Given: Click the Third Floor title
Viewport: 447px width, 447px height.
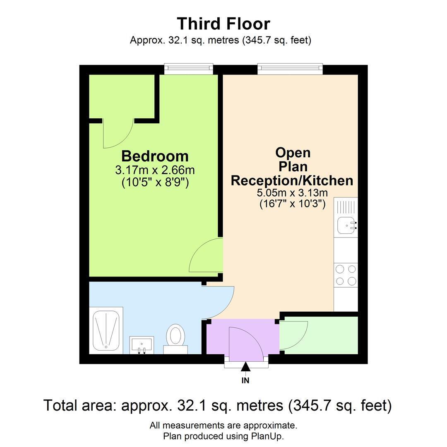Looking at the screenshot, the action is point(223,24).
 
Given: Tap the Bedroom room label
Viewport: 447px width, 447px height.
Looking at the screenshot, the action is point(155,156).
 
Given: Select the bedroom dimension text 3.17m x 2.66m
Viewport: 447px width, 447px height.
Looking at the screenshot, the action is point(155,170).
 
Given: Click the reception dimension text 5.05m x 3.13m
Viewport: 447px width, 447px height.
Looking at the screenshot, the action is point(292,193).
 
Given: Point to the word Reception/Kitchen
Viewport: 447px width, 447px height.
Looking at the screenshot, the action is point(292,180).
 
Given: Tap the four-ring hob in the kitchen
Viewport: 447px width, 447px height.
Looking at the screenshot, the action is point(346,275).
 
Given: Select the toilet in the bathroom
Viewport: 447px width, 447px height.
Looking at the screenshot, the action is point(175,339).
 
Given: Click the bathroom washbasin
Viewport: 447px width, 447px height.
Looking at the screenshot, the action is point(142,345).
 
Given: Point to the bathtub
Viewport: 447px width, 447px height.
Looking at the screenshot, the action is point(106,330).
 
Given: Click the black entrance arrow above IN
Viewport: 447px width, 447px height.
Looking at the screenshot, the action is point(245,367).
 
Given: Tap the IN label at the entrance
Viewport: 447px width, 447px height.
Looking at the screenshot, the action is point(245,380).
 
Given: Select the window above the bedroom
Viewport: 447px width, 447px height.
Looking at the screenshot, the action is point(189,69).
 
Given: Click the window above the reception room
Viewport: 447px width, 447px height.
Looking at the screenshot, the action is point(290,69).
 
